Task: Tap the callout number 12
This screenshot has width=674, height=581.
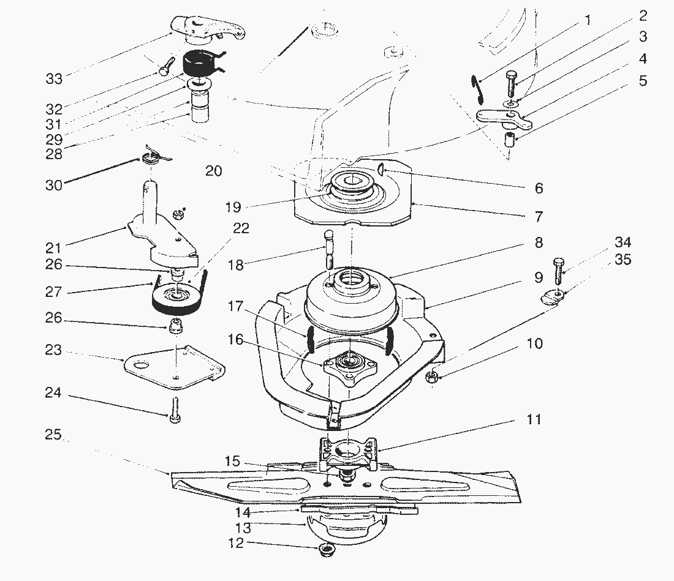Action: point(237,543)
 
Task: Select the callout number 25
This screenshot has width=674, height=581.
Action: point(53,435)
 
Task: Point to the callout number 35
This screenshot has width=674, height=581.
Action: point(623,260)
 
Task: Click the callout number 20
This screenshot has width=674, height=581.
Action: point(213,171)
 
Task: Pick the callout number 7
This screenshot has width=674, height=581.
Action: point(539,216)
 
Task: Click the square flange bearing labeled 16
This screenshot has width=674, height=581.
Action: point(349,364)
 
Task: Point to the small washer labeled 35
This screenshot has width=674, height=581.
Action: point(554,299)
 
